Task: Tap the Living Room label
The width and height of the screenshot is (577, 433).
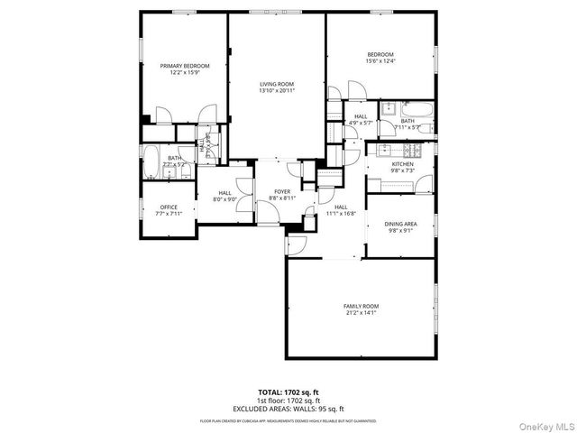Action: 277,84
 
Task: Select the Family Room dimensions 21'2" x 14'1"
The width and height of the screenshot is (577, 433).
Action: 361,313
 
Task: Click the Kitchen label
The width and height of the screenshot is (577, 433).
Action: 402,164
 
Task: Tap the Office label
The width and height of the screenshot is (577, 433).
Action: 169,207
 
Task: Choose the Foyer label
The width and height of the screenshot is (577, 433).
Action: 281,191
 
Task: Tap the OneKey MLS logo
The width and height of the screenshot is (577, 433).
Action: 546,421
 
